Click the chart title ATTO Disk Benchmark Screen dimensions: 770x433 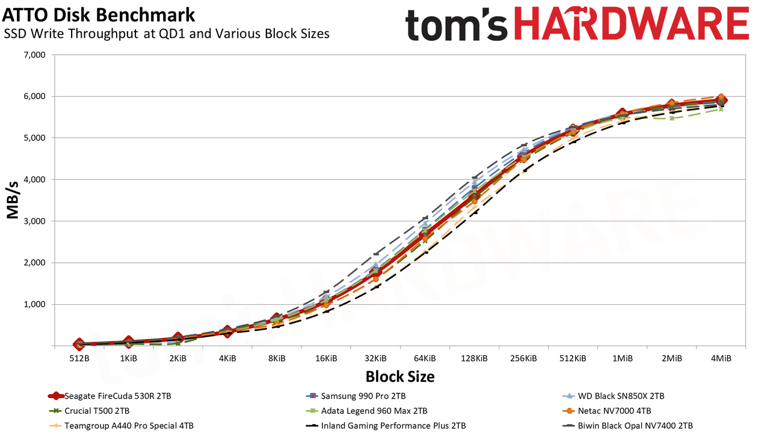tap(98, 15)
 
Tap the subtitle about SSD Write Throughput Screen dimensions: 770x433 tap(167, 34)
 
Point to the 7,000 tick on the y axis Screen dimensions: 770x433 tap(35, 55)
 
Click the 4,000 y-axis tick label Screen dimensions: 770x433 tap(35, 179)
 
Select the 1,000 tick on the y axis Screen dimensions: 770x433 tap(35, 304)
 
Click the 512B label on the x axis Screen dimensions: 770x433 tap(79, 358)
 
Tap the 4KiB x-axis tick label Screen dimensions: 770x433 tap(227, 358)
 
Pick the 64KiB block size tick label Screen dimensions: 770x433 tap(425, 358)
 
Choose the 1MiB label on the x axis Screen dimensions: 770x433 tap(623, 358)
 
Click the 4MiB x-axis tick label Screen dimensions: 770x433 tap(721, 358)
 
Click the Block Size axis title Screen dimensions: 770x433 tap(400, 376)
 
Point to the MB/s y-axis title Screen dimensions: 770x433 tap(13, 200)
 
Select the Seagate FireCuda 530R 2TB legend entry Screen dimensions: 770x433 tap(109, 396)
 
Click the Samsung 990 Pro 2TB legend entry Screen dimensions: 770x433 tap(356, 396)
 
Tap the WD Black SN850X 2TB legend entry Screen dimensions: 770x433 tap(613, 396)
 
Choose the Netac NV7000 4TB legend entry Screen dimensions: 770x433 tap(607, 411)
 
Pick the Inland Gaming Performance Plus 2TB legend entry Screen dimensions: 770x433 tap(386, 425)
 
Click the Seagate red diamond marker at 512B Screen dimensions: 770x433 tap(79, 343)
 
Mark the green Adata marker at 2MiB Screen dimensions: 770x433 tap(672, 118)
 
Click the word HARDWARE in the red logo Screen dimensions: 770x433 tap(632, 23)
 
